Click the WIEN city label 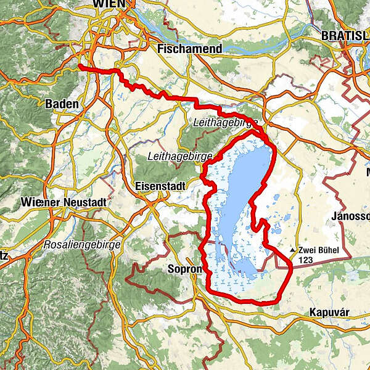click(109, 4)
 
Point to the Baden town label click(62, 104)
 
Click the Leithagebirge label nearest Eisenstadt click(176, 157)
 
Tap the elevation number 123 click(306, 260)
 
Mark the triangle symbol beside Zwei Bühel click(292, 250)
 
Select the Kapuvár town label click(330, 313)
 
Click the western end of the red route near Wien click(80, 65)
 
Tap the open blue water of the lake click(244, 185)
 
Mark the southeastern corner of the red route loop click(290, 266)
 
